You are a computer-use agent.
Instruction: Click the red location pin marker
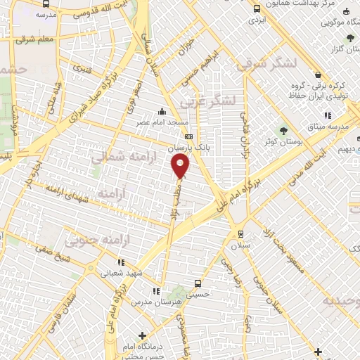coord(181,166)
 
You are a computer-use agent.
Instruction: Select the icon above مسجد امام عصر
coord(162,111)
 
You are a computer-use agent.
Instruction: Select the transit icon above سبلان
coord(241,234)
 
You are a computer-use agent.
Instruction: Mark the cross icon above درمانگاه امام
coord(143,336)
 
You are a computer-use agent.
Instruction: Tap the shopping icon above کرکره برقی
coord(319,75)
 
